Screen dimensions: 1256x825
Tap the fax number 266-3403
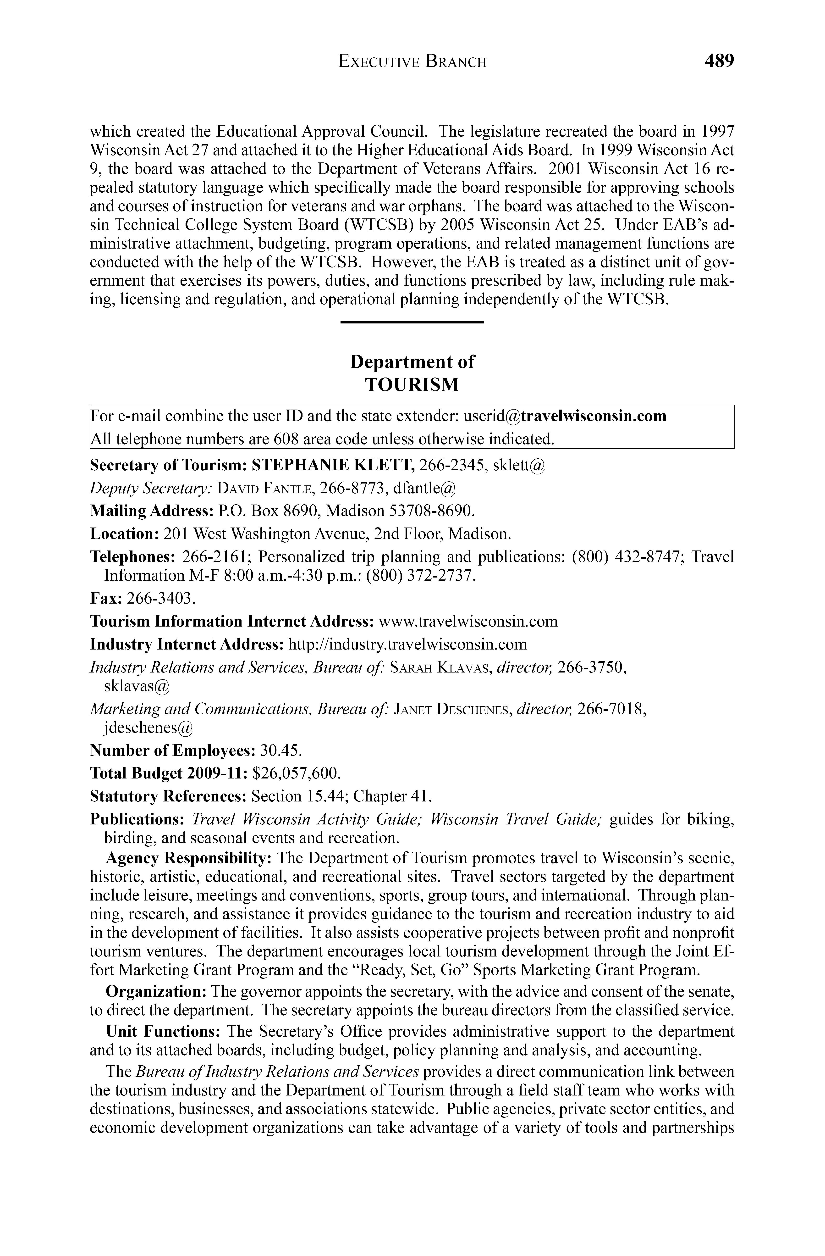click(x=162, y=598)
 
